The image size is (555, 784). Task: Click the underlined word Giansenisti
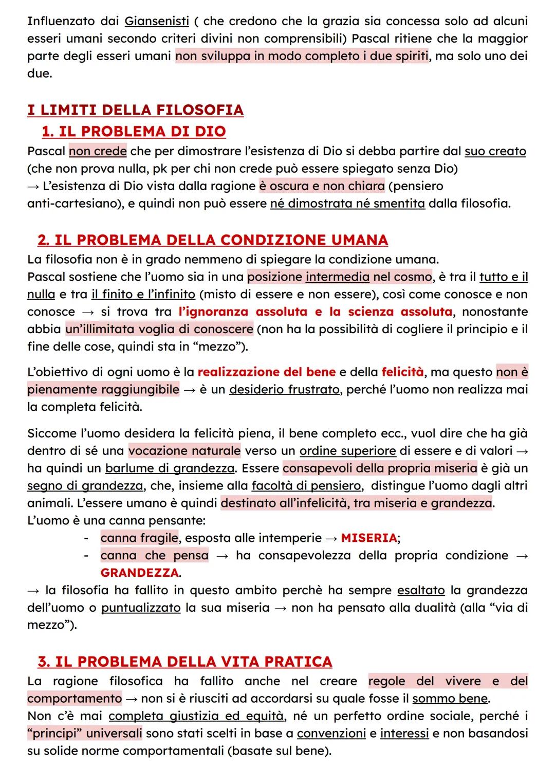point(157,22)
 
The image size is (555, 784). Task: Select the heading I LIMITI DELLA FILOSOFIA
point(135,110)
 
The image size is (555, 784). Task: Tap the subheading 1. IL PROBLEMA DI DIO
point(134,132)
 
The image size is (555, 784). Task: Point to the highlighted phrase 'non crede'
point(98,151)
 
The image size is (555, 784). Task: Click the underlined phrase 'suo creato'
point(495,151)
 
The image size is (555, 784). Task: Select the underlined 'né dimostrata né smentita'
point(347,204)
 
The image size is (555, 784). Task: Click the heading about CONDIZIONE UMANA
point(212,240)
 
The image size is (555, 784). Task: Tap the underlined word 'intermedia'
point(337,277)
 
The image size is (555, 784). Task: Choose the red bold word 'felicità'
point(403,372)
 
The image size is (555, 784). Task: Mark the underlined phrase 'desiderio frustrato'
point(284,390)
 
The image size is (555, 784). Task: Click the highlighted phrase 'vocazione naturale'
point(184,451)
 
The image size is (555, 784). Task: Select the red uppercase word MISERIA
point(369,538)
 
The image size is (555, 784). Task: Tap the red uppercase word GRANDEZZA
point(140,573)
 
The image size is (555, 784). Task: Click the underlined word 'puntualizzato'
point(141,608)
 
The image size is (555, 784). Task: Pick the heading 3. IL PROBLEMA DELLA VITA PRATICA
point(184,661)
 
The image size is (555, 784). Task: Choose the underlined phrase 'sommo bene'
point(450,699)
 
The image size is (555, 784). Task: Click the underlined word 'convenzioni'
point(331,734)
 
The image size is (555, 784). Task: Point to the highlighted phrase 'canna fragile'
point(139,538)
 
